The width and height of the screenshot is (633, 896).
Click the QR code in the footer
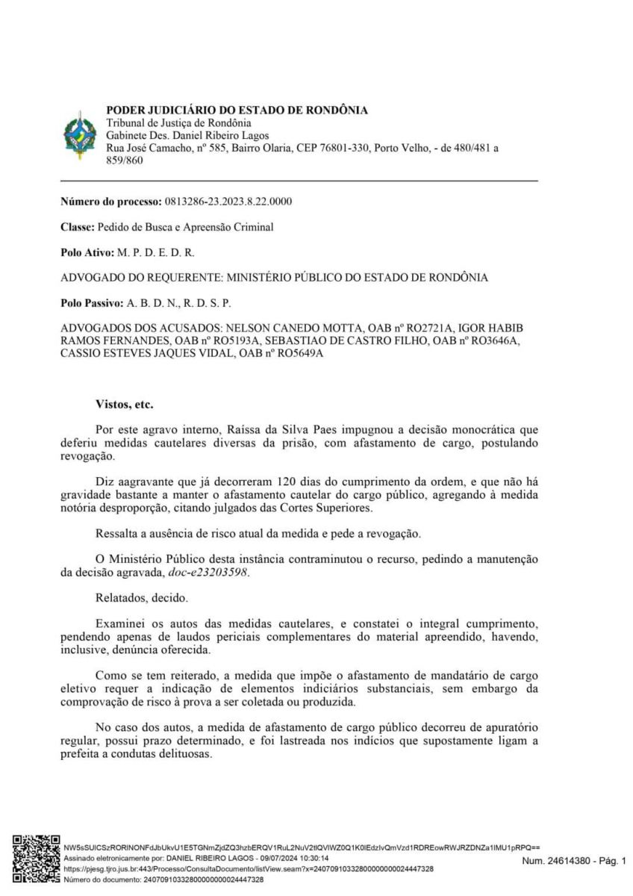pos(37,859)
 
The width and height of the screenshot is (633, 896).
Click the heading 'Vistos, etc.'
pos(124,404)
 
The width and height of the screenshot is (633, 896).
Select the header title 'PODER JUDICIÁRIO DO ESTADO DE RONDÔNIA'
pos(237,110)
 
